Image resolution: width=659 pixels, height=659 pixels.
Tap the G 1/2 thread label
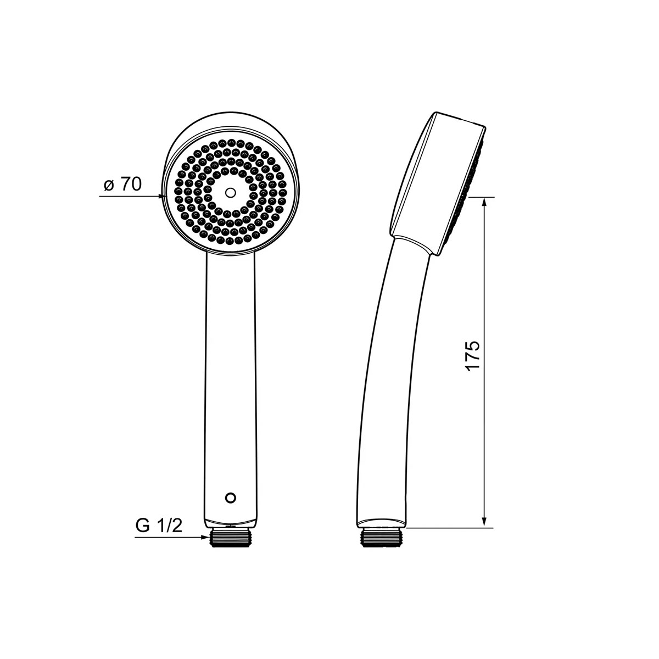tap(159, 526)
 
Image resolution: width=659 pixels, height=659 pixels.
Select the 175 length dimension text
tap(473, 356)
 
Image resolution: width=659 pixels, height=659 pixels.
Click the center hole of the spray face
tap(231, 193)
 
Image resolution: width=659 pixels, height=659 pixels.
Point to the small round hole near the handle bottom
tap(231, 498)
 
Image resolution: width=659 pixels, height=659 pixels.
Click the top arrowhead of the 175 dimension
tap(484, 203)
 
